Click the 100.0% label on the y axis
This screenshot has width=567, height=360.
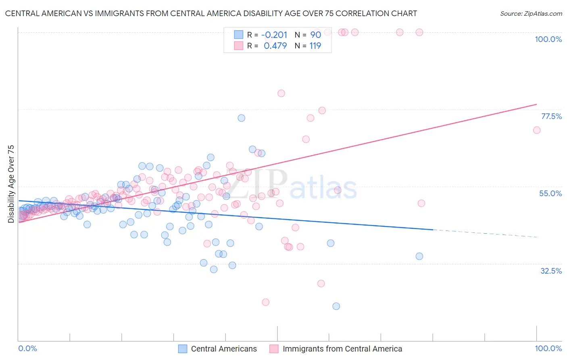pos(548,39)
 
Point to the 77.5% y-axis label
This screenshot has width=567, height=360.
pos(551,116)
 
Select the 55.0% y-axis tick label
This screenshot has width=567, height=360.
pos(550,193)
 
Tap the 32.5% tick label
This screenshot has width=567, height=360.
pos(551,271)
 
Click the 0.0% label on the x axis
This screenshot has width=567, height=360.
pos(28,348)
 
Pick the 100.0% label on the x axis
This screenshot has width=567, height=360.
pos(548,348)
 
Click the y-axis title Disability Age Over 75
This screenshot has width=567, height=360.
pos(11,184)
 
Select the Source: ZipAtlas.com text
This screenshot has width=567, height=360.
pos(531,13)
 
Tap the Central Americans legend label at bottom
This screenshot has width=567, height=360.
pos(224,349)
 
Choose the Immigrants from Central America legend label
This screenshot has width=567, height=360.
pos(342,349)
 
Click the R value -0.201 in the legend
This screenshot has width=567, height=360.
pos(274,35)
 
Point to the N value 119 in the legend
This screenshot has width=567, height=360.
pos(315,46)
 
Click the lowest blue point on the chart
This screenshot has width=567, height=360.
pos(336,306)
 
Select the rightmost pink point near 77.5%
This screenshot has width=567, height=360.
pos(537,130)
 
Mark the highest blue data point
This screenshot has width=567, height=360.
pos(241,118)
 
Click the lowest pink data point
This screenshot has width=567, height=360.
pos(265,302)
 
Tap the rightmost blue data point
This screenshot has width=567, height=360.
pos(419,256)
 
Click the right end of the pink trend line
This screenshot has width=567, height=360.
pos(536,104)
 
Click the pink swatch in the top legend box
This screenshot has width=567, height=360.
pos(239,46)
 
